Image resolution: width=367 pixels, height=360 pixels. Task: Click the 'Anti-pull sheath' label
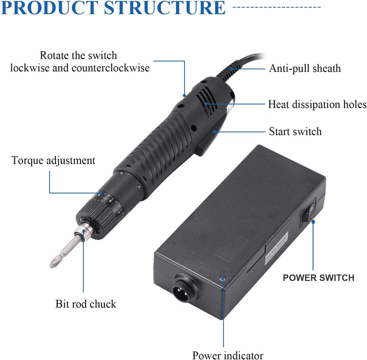click(x=305, y=68)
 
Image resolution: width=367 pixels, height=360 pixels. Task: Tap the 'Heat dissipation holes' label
click(x=317, y=105)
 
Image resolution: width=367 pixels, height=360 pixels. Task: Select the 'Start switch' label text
click(x=295, y=132)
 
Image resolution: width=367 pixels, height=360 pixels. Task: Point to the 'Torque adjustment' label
click(x=54, y=161)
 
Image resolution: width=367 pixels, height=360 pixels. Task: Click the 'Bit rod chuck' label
click(x=86, y=304)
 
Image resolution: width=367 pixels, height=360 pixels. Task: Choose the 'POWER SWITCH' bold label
click(x=319, y=278)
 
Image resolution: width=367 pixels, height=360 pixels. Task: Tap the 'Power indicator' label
click(x=228, y=355)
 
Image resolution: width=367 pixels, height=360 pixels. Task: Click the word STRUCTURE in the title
click(x=165, y=8)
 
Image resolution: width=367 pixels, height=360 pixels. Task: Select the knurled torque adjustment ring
click(x=98, y=217)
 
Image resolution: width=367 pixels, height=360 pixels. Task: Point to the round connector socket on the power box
click(x=183, y=288)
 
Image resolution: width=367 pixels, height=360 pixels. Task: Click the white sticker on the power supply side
click(x=276, y=248)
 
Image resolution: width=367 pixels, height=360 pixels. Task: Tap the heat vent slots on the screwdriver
click(x=206, y=102)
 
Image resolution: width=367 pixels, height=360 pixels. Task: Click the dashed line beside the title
click(x=277, y=7)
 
